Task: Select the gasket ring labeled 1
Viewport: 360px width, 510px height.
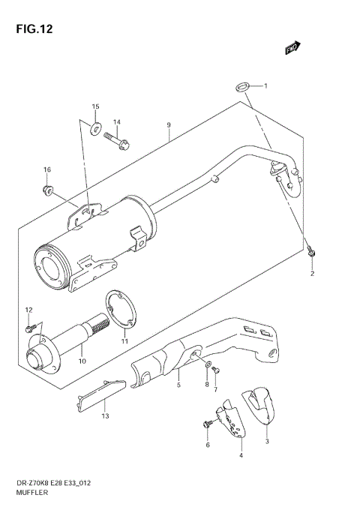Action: [244, 87]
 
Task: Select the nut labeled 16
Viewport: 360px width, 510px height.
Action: [47, 188]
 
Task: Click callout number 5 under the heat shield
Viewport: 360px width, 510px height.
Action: [178, 385]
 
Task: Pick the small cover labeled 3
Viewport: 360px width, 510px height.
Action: [257, 405]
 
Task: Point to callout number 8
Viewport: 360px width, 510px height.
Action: [206, 384]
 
